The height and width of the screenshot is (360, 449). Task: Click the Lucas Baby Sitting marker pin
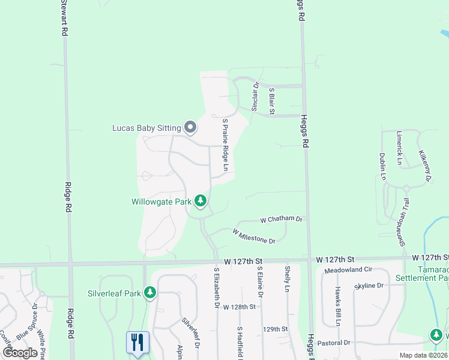tap(190, 127)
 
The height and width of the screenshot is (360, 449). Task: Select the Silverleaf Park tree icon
tap(150, 293)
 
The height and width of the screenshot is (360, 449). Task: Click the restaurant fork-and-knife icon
tap(137, 343)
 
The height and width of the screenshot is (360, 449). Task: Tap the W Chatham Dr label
tap(282, 220)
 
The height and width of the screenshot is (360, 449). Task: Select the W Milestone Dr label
tap(253, 236)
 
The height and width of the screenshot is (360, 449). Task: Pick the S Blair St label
tap(271, 101)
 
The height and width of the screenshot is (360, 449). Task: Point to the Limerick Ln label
tap(399, 148)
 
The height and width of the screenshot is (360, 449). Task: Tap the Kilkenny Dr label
tap(425, 166)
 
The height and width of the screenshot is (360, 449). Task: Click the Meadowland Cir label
tap(349, 271)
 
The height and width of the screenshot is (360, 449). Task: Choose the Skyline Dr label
tap(369, 286)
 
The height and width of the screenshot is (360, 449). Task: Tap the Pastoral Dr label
tap(336, 343)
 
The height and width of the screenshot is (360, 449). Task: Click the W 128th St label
tap(240, 307)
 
